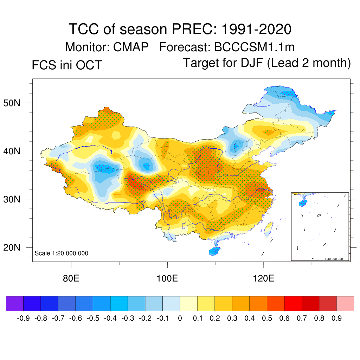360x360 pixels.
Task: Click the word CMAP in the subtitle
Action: pyautogui.click(x=131, y=47)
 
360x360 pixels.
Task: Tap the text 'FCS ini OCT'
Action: pyautogui.click(x=66, y=65)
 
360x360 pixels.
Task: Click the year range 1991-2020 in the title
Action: pyautogui.click(x=256, y=29)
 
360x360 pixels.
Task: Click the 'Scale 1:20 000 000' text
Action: pyautogui.click(x=62, y=253)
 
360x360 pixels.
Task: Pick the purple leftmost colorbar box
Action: pyautogui.click(x=15, y=303)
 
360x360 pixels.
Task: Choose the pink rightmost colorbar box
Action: pyautogui.click(x=345, y=303)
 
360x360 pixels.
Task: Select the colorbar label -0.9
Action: pyautogui.click(x=23, y=319)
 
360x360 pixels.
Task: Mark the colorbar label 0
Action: pyautogui.click(x=180, y=319)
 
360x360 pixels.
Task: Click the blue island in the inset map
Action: pyautogui.click(x=302, y=202)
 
